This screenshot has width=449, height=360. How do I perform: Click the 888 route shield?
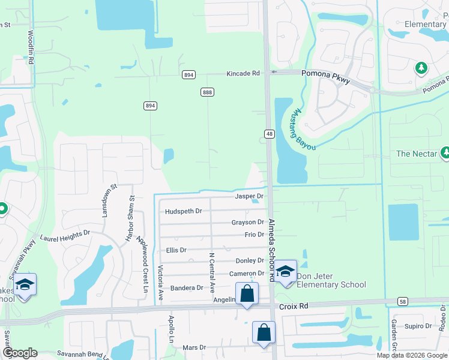point(208,92)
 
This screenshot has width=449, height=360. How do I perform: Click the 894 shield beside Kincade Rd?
point(188,74)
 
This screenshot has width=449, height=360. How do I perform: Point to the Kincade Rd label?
point(243,73)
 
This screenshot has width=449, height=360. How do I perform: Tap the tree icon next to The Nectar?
point(445,153)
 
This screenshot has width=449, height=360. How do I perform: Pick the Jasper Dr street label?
point(249,196)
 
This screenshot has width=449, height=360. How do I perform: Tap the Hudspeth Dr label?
point(184,211)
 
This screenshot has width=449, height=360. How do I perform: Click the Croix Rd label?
point(294,306)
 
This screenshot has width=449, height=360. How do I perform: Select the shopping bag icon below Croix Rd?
point(264,332)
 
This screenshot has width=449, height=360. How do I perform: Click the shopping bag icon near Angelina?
point(247,293)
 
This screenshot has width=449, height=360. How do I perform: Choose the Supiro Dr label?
point(414,326)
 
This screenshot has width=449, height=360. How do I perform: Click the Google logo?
point(20,353)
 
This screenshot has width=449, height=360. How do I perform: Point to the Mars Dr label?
point(194,347)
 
